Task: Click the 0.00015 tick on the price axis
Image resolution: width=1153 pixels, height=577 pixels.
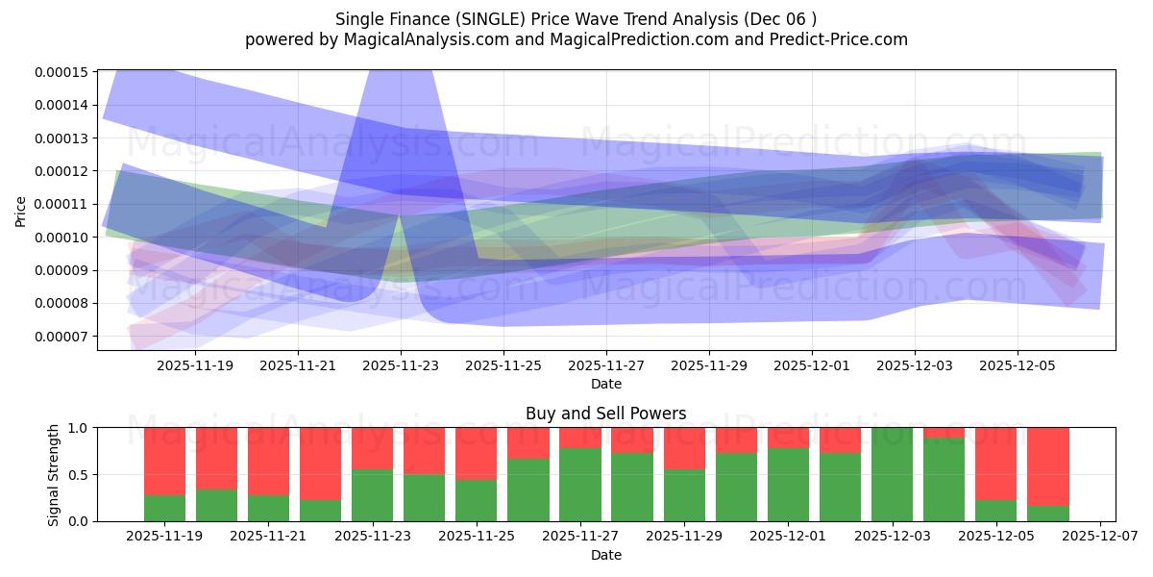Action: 61,72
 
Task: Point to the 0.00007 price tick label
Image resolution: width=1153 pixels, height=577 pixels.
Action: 61,337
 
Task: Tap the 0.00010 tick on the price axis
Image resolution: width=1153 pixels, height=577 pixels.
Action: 61,238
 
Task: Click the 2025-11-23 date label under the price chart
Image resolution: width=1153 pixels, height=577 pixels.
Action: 401,365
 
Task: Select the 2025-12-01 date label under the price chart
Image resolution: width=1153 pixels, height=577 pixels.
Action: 812,365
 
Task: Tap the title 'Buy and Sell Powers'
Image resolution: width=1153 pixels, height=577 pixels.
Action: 605,414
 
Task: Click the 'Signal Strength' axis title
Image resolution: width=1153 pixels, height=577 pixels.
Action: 54,474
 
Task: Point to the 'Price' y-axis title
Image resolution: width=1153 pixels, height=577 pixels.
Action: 21,212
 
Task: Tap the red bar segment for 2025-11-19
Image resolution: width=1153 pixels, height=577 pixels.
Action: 164,462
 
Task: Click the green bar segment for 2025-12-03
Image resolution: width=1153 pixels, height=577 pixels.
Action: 893,474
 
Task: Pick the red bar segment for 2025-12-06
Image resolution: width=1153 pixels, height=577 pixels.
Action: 1047,466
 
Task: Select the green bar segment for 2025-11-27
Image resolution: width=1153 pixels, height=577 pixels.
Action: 580,485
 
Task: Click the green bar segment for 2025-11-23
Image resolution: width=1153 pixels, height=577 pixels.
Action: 372,495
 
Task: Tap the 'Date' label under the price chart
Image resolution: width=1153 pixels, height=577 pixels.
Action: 605,384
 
